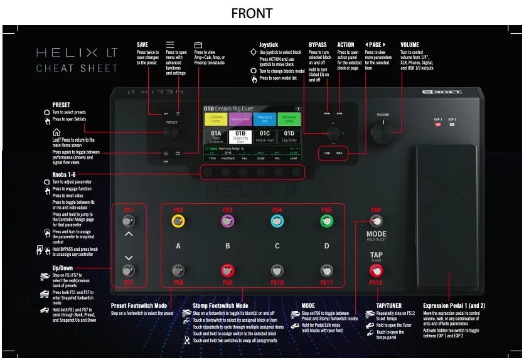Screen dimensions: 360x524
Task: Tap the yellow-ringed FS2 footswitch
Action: [178, 221]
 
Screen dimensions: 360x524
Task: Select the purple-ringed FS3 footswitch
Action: [227, 221]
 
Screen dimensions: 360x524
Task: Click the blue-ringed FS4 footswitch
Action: [277, 221]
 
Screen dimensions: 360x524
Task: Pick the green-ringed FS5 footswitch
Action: [326, 221]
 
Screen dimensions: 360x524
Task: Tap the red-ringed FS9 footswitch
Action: [227, 271]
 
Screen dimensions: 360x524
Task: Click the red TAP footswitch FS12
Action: [376, 271]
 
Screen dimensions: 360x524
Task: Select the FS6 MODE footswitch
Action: [376, 221]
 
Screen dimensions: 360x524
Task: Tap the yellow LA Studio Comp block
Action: [216, 119]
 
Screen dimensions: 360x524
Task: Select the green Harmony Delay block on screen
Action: [289, 119]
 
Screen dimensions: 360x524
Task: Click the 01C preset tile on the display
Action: [265, 136]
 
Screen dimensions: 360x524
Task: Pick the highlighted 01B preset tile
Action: [240, 136]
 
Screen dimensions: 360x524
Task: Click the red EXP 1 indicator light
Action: [438, 124]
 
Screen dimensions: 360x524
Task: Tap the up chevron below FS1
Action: [129, 234]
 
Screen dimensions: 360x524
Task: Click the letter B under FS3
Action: [227, 246]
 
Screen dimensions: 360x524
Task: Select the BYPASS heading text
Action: [318, 45]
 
